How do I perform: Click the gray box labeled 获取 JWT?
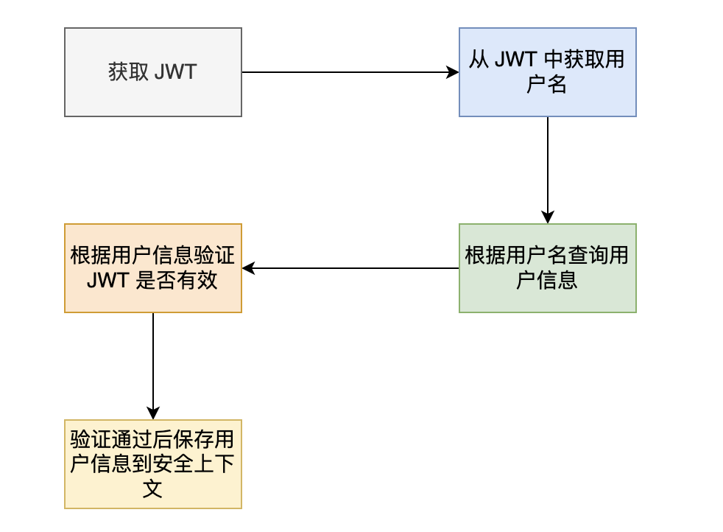click(153, 72)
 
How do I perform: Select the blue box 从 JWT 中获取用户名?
click(547, 72)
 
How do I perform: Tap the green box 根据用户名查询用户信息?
click(547, 268)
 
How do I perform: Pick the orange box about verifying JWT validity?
click(153, 268)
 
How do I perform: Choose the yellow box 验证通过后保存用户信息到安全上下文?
click(153, 464)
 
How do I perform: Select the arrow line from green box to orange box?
click(353, 268)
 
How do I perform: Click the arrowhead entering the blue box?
click(454, 72)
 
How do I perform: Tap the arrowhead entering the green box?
click(547, 218)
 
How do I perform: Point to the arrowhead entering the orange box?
click(248, 268)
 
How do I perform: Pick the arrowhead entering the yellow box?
click(153, 414)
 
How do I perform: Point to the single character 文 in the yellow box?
click(153, 489)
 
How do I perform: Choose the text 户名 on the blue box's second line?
click(547, 85)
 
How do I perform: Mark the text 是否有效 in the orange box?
click(177, 281)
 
